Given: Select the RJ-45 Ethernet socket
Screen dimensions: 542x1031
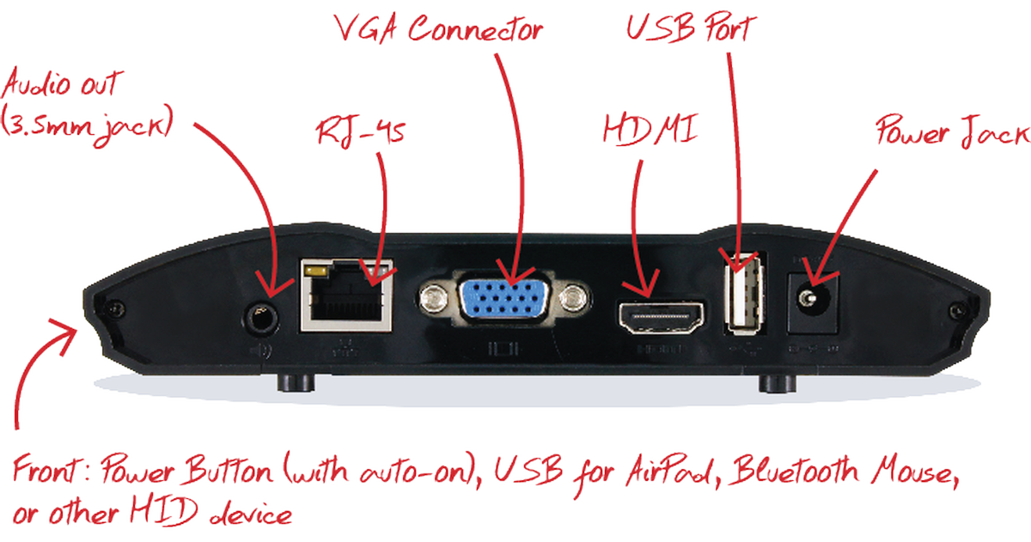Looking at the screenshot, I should [x=346, y=295].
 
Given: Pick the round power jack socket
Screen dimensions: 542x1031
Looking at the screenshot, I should [x=808, y=298].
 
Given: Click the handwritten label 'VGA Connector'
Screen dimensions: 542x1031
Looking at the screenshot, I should [x=439, y=30].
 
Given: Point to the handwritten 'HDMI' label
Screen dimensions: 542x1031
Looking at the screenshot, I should [x=650, y=131].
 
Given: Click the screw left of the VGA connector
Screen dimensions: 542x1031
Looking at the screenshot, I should [x=434, y=299].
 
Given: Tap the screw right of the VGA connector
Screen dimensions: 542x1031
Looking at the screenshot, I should [x=570, y=299].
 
